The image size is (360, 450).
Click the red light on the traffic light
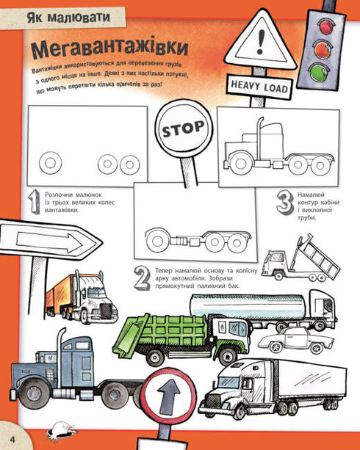tap(325, 26)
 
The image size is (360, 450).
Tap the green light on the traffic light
tap(319, 72)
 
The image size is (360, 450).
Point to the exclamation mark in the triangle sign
tap(261, 42)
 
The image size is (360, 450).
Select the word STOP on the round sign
tap(184, 128)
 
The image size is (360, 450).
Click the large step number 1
tap(34, 201)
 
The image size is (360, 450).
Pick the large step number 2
tap(143, 279)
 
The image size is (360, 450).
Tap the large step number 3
tap(285, 203)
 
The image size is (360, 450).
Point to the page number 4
tap(12, 440)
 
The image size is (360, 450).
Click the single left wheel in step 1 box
tap(50, 163)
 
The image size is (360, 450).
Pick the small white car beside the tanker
tap(296, 341)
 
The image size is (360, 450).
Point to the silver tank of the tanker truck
tap(248, 306)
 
